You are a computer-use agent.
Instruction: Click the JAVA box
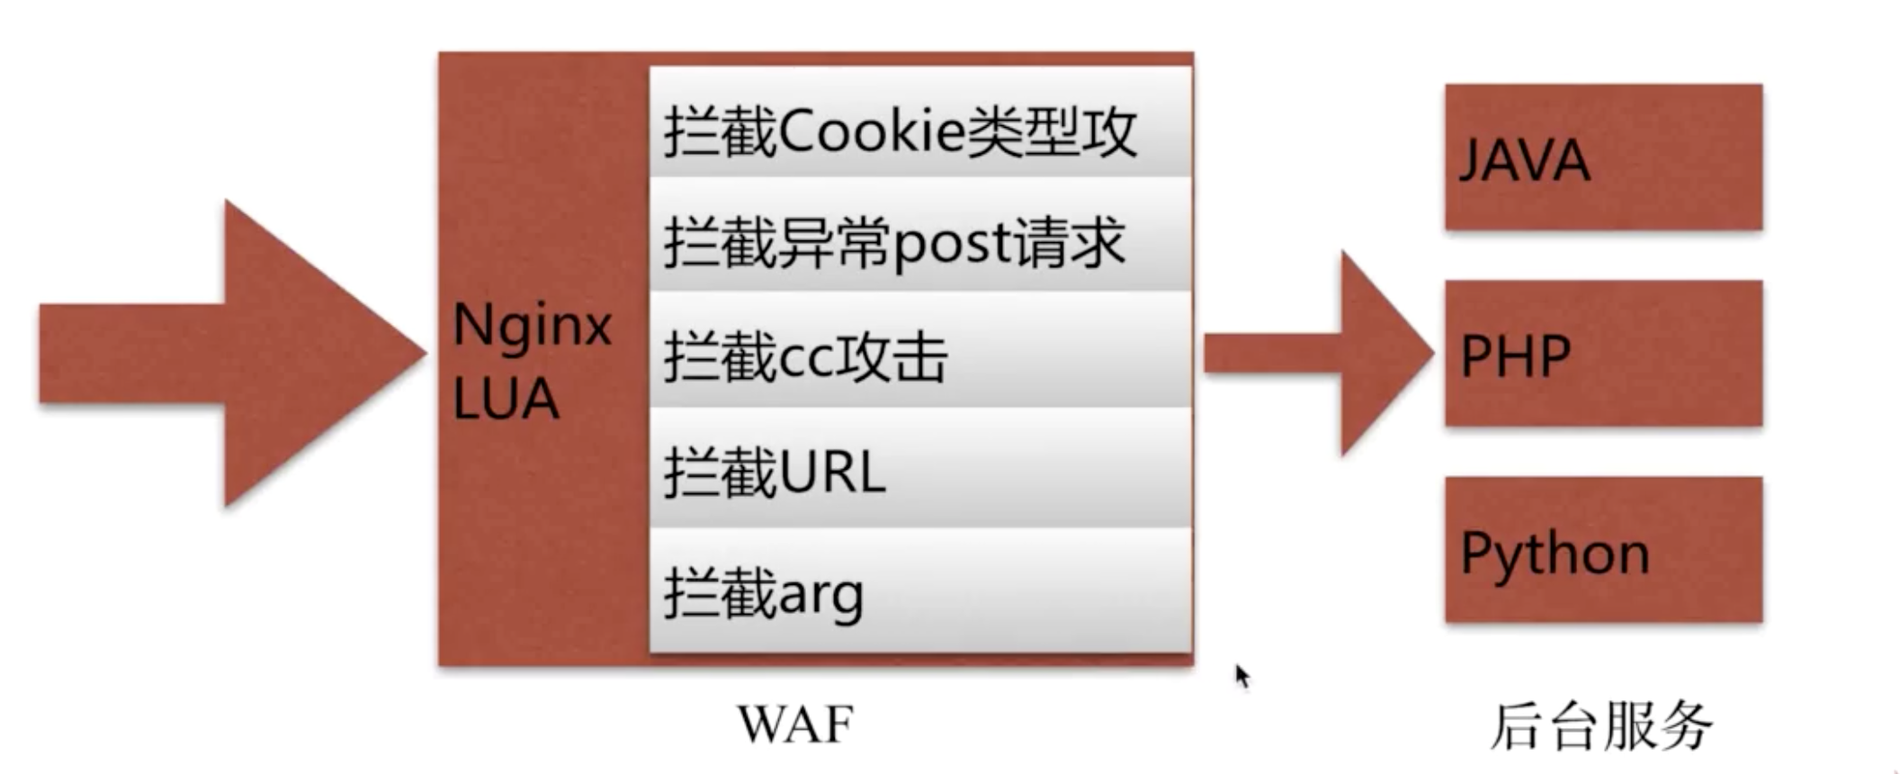pos(1602,157)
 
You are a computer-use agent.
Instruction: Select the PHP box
pos(1602,353)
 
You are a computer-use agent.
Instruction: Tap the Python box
pos(1602,550)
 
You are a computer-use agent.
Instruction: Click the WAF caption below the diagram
pos(795,724)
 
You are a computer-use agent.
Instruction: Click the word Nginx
pos(532,325)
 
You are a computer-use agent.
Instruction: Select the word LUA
pos(506,399)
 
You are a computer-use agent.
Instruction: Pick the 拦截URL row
pos(920,470)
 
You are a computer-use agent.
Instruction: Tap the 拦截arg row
pos(920,591)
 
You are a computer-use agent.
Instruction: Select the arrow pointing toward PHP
pos(1318,353)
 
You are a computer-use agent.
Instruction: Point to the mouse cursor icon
pos(1242,675)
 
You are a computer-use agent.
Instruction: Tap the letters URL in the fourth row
pos(830,472)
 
